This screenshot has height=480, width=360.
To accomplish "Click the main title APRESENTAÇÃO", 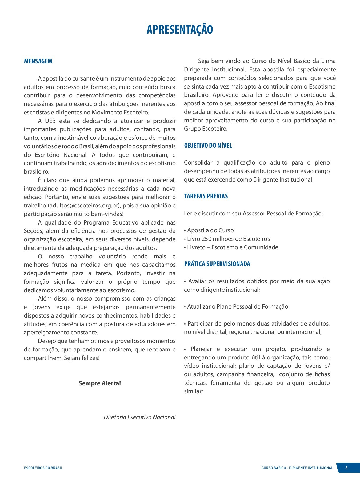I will (180, 29).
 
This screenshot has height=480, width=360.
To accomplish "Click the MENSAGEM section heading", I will (38, 61).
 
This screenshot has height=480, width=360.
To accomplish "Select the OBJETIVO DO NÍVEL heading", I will (208, 146).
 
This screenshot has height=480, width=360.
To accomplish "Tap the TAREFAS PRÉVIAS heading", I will (206, 196).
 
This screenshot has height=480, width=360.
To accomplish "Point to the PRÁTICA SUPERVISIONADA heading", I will (217, 264).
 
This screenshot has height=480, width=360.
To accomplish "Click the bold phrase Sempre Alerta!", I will (100, 383).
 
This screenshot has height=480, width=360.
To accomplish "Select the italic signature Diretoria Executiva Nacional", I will (139, 417).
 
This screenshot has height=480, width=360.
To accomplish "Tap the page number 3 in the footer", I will (346, 468).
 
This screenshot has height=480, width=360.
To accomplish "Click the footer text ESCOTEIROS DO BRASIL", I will (43, 468).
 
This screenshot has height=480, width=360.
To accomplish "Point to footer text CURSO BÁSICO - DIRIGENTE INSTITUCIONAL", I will (297, 468).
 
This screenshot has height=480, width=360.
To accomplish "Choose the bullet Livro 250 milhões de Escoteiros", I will (228, 239).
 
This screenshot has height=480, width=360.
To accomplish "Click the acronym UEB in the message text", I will (50, 121).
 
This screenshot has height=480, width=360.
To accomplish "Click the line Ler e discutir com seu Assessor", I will (253, 214).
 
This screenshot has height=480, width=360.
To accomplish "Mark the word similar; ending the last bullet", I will (193, 391).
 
